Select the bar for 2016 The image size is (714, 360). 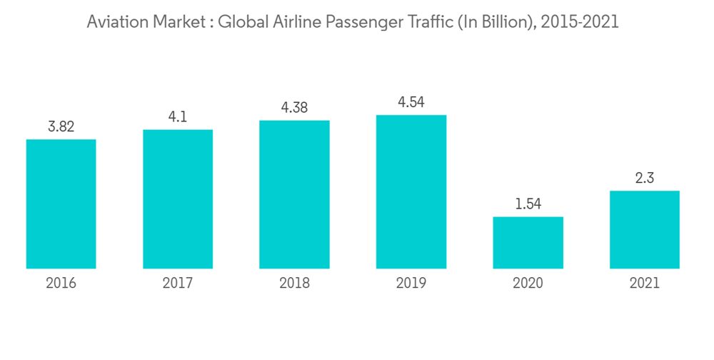[x=61, y=204]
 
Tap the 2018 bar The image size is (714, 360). [x=294, y=194]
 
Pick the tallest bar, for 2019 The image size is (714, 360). [x=411, y=191]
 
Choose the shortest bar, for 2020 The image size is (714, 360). [x=528, y=242]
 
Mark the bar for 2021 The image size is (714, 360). [x=644, y=229]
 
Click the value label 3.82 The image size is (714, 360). [x=61, y=127]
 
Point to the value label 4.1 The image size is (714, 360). [x=178, y=117]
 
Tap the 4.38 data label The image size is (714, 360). [x=294, y=108]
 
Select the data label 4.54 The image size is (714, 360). [x=411, y=102]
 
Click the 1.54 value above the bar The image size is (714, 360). [x=528, y=204]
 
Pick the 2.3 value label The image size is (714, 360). [x=644, y=179]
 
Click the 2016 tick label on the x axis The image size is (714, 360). [x=61, y=284]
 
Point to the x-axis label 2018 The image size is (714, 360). [x=294, y=284]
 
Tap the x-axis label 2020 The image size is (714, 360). [x=528, y=284]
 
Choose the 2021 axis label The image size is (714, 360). [x=644, y=284]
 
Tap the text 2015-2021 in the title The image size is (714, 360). [x=580, y=22]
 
